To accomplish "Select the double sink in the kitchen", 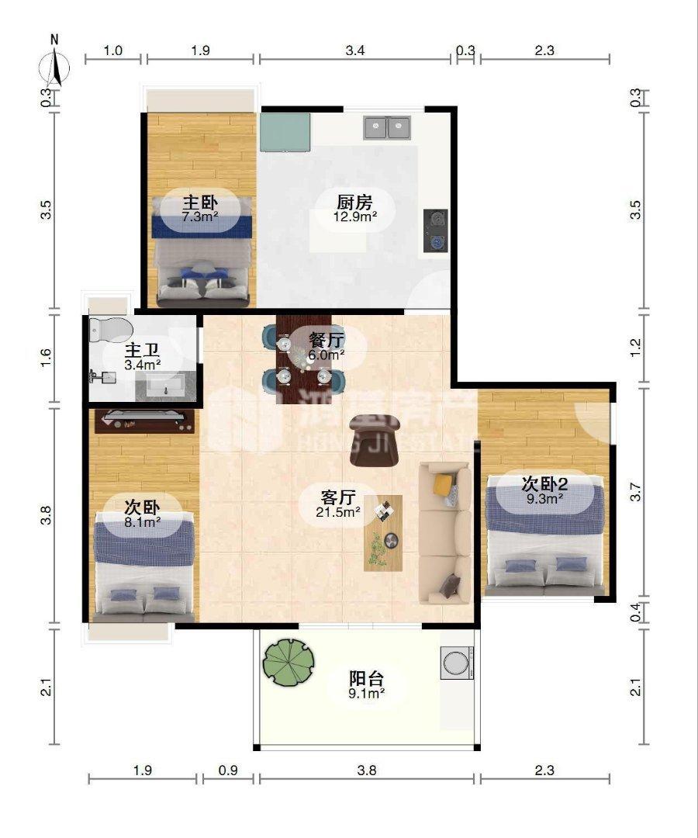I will coord(387,126).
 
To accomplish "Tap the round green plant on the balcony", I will coord(289,661).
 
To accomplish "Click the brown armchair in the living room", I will coord(374,439).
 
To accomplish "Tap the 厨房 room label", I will coord(355,203).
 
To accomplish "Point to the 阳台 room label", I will coord(366,677).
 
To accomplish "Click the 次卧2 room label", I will coord(544,483).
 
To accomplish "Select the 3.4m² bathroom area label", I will coord(143,363).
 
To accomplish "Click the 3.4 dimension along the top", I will coord(354,51).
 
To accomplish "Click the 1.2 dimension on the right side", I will coord(637,348).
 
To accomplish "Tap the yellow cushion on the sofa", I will coord(442,484).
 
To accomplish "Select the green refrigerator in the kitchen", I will coord(285,132).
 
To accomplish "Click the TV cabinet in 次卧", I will coord(145,420).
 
